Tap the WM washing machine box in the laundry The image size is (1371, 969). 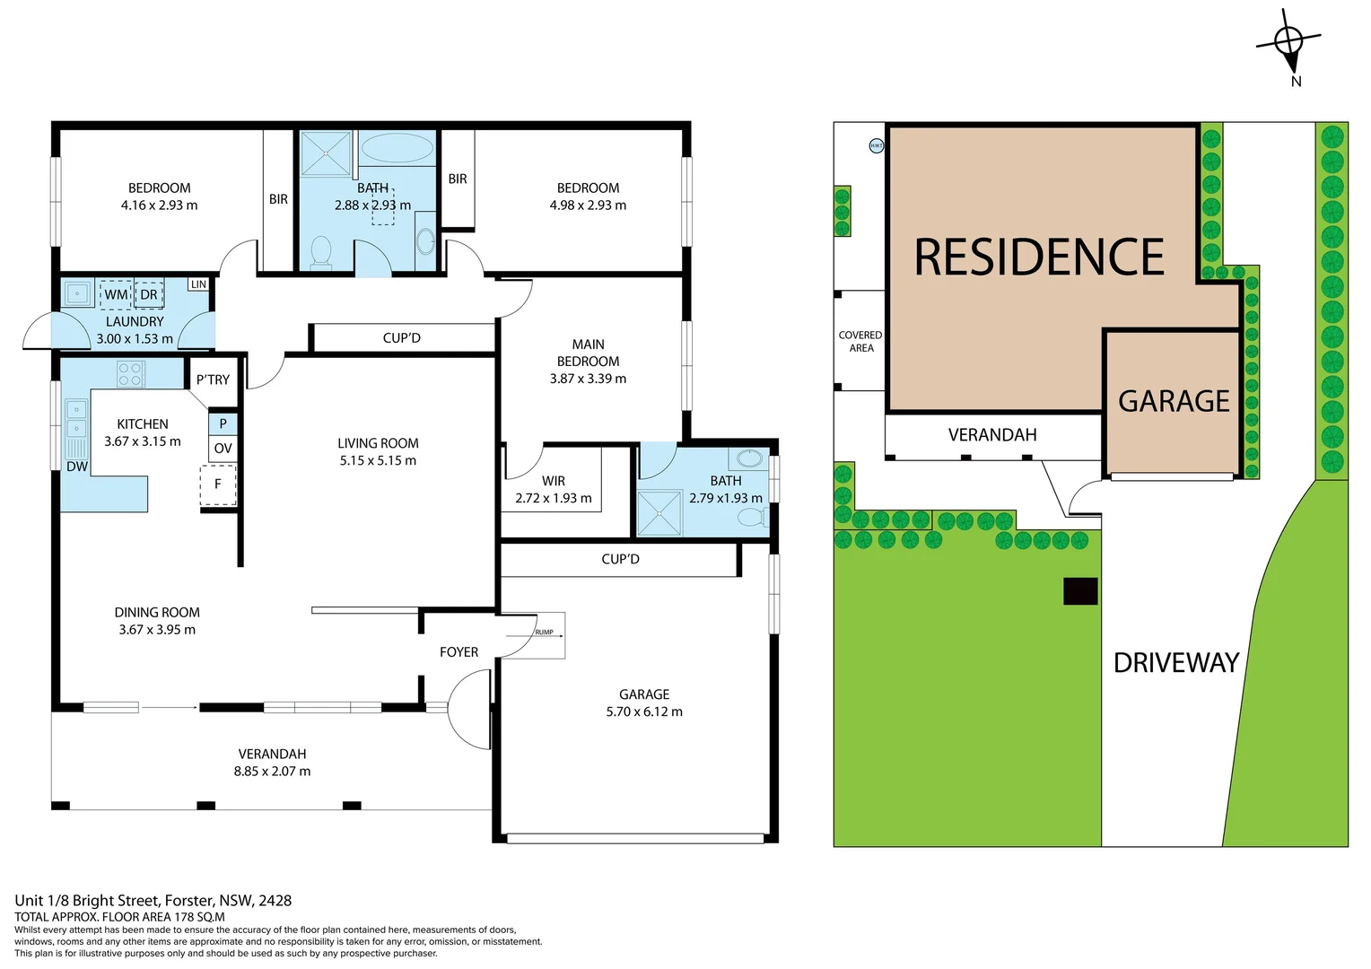116,294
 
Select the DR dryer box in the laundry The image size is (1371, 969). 149,294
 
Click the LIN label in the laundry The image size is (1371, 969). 198,284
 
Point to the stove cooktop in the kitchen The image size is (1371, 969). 131,374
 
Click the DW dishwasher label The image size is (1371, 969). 77,467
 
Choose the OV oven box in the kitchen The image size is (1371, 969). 223,449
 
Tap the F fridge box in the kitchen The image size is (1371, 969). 218,484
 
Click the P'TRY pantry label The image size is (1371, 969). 213,380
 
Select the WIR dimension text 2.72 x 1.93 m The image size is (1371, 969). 553,498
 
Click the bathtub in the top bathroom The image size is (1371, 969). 396,148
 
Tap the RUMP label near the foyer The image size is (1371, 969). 544,633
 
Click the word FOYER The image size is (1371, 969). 458,652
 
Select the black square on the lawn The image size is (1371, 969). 1080,591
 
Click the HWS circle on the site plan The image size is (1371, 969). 876,145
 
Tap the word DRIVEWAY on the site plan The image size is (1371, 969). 1175,663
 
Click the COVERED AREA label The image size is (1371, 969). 860,341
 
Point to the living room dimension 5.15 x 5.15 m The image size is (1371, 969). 378,460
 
